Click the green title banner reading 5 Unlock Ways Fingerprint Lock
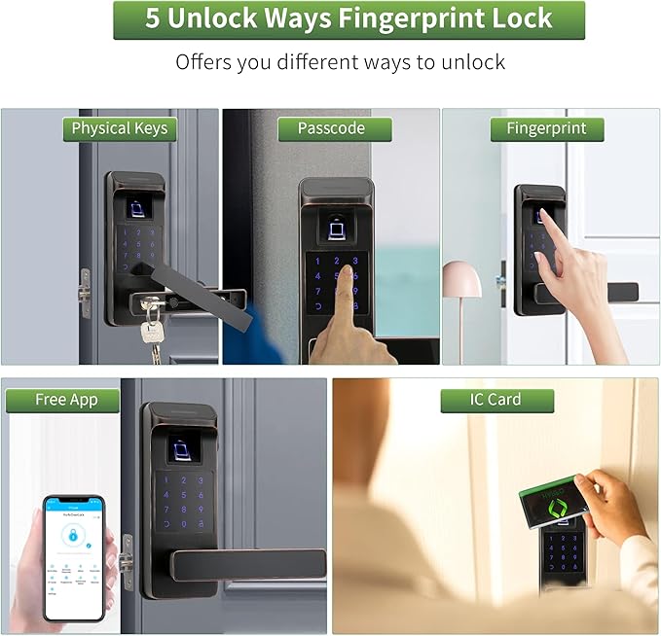click(x=349, y=19)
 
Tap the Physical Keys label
click(x=119, y=128)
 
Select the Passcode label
click(x=331, y=128)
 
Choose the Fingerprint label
click(x=547, y=128)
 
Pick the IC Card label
click(x=496, y=400)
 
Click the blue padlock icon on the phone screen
click(x=71, y=534)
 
